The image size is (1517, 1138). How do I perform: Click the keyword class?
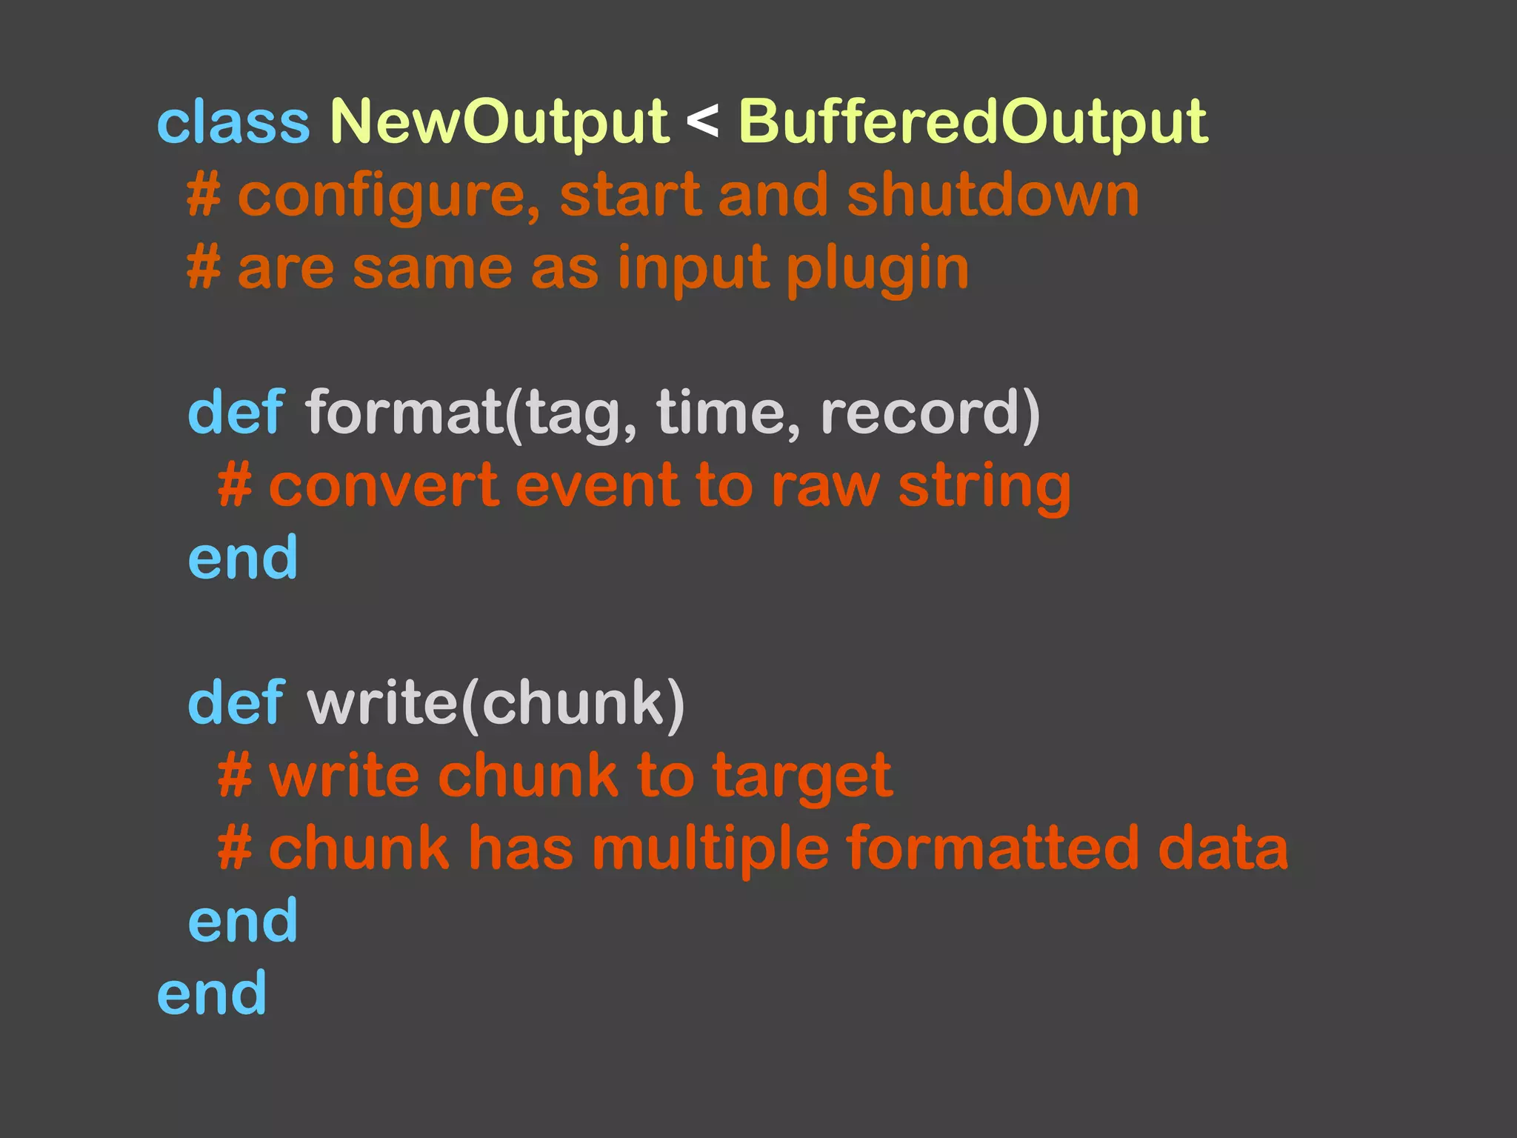pyautogui.click(x=233, y=122)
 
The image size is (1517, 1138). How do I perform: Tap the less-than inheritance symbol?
pyautogui.click(x=702, y=121)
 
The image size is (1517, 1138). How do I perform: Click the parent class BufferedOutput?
pyautogui.click(x=973, y=122)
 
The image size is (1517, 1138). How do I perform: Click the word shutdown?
pyautogui.click(x=993, y=195)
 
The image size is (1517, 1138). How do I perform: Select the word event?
pyautogui.click(x=596, y=486)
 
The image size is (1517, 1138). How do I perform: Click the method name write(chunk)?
pyautogui.click(x=495, y=704)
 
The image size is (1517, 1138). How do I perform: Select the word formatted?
pyautogui.click(x=993, y=849)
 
